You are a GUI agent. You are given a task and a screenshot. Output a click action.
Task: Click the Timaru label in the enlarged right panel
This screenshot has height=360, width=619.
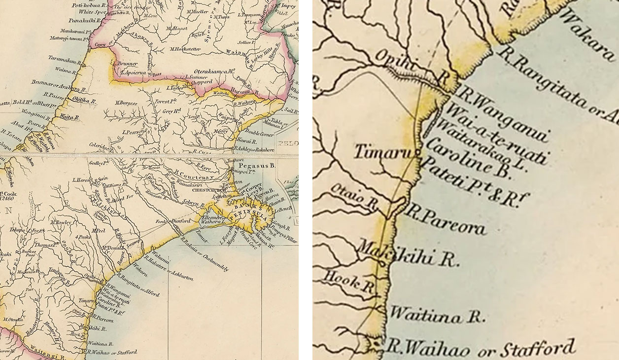click(x=382, y=152)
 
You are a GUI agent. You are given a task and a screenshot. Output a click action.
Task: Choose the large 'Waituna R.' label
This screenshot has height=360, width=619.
click(x=437, y=315)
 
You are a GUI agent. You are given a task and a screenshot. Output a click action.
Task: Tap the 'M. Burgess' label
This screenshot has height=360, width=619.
click(x=126, y=103)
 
